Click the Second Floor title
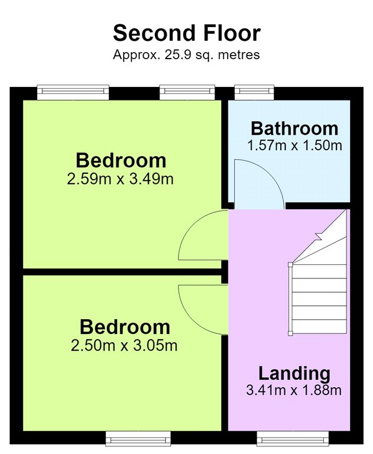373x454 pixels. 187,33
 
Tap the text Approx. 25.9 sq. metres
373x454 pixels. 186,55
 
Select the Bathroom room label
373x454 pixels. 294,128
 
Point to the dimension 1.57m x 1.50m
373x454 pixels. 294,145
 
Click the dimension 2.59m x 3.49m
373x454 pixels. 120,179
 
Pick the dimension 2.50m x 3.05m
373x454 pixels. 124,345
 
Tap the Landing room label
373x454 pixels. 294,374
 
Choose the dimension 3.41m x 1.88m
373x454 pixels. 294,390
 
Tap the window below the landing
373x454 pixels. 293,439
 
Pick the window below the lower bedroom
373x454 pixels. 138,439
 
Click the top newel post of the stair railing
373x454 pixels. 290,264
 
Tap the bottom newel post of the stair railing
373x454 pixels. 290,333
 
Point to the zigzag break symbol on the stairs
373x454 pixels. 319,236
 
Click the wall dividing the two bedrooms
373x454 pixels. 122,272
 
